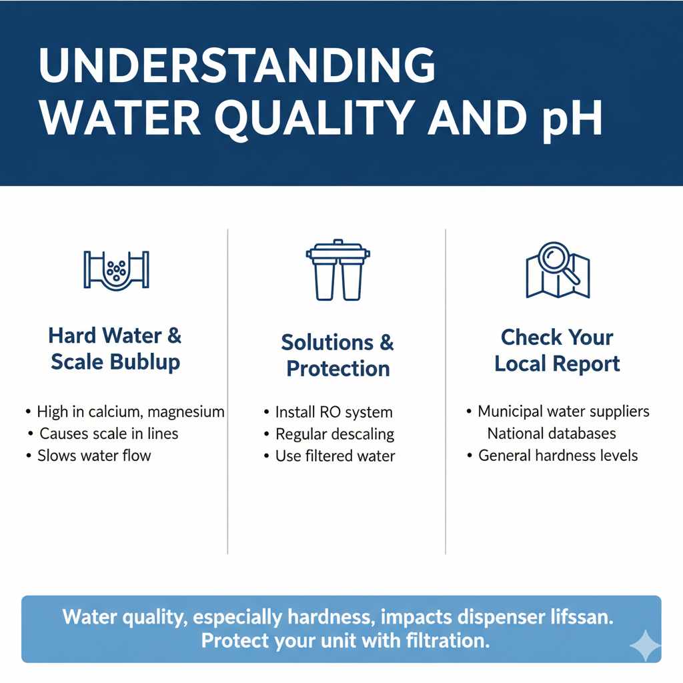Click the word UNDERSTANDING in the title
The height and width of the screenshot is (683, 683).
pyautogui.click(x=237, y=66)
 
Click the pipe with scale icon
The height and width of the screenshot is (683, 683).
pyautogui.click(x=117, y=270)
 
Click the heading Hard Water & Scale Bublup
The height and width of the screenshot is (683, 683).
pyautogui.click(x=115, y=349)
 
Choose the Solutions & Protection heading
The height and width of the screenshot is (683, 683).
pyautogui.click(x=337, y=356)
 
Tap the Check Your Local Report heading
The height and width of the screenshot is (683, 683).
pyautogui.click(x=557, y=350)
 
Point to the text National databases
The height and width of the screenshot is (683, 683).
pyautogui.click(x=552, y=434)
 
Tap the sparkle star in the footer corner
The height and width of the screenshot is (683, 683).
pyautogui.click(x=645, y=646)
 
